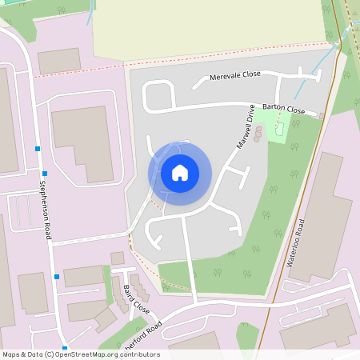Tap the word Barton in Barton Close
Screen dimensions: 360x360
point(274,106)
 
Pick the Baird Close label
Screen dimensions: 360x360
point(137,298)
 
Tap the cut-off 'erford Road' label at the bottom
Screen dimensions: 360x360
point(145,335)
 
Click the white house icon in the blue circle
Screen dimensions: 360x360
point(180,173)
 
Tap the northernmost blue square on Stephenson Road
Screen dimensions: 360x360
point(38,149)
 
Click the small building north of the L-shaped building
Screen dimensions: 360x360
point(59,60)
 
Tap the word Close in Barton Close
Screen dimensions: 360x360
point(295,110)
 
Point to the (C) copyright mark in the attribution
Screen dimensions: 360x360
point(49,354)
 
